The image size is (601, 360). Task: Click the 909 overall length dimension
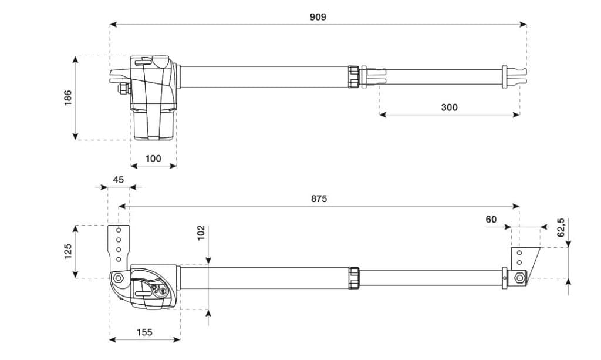[318, 17]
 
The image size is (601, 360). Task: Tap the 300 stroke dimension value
[449, 107]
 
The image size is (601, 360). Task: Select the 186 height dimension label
[67, 97]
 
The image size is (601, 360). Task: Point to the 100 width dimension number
[153, 159]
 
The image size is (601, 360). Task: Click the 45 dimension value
[119, 180]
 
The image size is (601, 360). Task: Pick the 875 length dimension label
[319, 198]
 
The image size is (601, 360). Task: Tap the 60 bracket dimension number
[491, 219]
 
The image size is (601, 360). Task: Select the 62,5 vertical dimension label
[560, 227]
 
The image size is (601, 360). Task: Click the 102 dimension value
[201, 233]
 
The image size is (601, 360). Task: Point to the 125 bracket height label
[68, 251]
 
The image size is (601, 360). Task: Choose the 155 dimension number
[144, 332]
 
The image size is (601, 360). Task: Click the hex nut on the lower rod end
[520, 278]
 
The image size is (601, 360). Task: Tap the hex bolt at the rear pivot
[119, 278]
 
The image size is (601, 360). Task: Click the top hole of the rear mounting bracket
[119, 230]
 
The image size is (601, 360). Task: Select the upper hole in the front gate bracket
[519, 253]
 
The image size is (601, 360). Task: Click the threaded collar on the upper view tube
[353, 77]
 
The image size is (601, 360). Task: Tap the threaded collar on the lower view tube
[353, 278]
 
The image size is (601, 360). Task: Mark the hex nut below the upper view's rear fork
[123, 88]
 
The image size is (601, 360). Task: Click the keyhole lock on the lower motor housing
[164, 291]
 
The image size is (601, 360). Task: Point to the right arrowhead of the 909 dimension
[524, 25]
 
